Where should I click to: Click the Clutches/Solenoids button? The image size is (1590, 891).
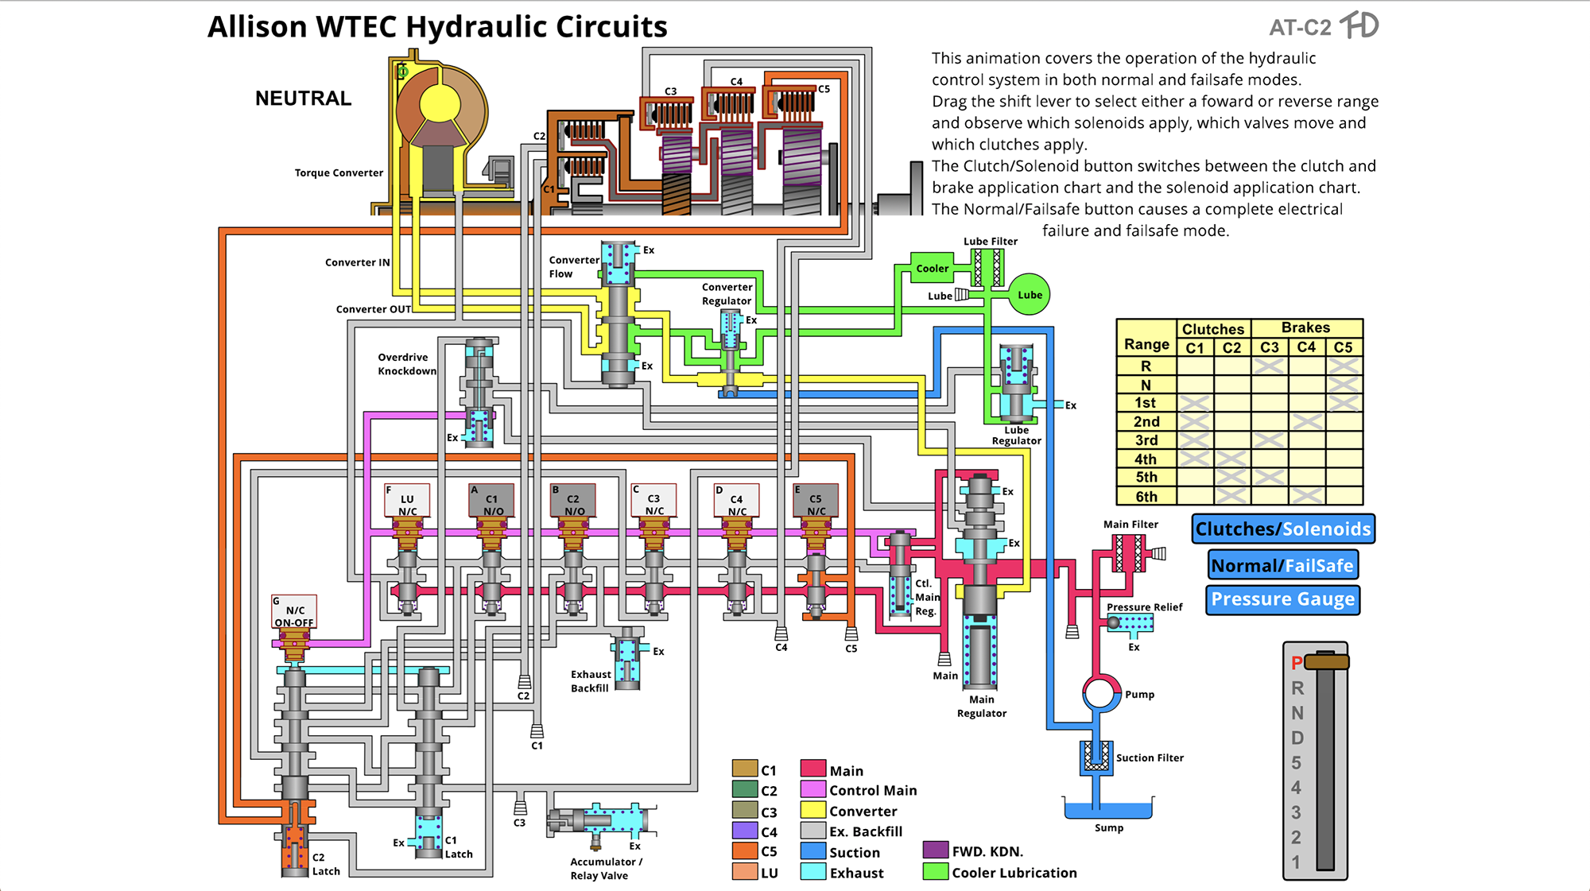click(x=1283, y=529)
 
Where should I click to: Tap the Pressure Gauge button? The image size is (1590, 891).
click(x=1282, y=599)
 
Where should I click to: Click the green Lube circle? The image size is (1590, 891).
click(x=1029, y=295)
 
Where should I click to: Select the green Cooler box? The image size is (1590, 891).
click(x=932, y=269)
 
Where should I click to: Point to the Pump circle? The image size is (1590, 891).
click(x=1099, y=693)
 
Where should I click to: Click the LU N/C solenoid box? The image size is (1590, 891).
click(x=407, y=501)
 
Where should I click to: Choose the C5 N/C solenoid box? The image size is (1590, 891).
click(x=816, y=501)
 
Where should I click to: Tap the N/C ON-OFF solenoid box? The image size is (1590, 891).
click(x=294, y=612)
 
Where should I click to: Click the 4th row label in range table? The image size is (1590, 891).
click(x=1146, y=459)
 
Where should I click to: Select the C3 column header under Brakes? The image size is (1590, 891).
click(x=1270, y=347)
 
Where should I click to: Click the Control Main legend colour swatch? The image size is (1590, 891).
click(x=812, y=790)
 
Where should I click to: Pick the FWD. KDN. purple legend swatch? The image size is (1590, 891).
click(x=936, y=851)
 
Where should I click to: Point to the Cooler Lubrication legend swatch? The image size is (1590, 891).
click(x=936, y=872)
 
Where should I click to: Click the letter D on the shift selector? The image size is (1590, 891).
click(x=1297, y=738)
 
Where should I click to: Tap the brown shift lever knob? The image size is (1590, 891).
click(x=1327, y=662)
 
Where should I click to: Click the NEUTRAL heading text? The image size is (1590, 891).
click(x=303, y=99)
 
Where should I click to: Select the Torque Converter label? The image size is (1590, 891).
click(x=339, y=173)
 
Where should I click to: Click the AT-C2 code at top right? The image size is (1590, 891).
click(x=1300, y=28)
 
